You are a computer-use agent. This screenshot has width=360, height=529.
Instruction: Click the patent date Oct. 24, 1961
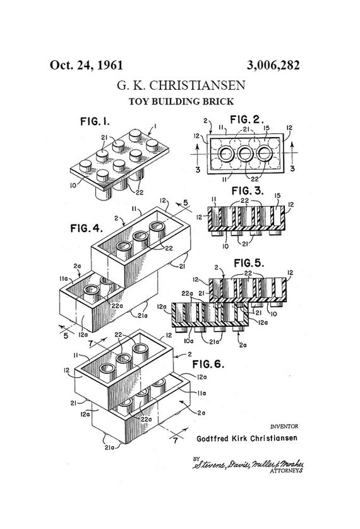(87, 65)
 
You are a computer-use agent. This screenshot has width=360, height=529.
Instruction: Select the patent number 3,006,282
(273, 65)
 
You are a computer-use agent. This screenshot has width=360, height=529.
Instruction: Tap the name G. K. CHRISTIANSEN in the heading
(181, 85)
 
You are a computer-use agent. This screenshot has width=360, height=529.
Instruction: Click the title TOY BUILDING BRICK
(181, 101)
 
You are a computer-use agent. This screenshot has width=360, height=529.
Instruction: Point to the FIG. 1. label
(95, 121)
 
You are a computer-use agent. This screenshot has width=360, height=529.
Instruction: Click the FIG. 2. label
(247, 119)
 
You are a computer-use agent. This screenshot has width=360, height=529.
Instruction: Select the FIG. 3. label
(248, 191)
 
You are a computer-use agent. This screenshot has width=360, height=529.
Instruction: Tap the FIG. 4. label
(87, 228)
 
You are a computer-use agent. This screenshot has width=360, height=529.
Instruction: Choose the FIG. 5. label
(249, 262)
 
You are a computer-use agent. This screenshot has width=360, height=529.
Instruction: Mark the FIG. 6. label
(208, 364)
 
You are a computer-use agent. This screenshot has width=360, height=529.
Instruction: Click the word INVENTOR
(284, 427)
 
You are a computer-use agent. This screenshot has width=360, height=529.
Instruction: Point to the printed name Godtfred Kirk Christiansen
(247, 438)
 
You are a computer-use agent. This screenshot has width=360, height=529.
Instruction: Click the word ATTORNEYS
(286, 471)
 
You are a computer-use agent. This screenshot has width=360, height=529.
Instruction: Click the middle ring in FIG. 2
(246, 154)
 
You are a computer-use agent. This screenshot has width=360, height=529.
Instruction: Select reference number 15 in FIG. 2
(267, 128)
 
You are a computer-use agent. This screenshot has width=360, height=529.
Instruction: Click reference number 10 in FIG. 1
(73, 185)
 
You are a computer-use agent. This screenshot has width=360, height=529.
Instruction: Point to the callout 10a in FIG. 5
(189, 341)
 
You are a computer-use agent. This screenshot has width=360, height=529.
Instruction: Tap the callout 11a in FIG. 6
(201, 393)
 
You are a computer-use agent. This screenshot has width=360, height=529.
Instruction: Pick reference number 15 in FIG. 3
(278, 196)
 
